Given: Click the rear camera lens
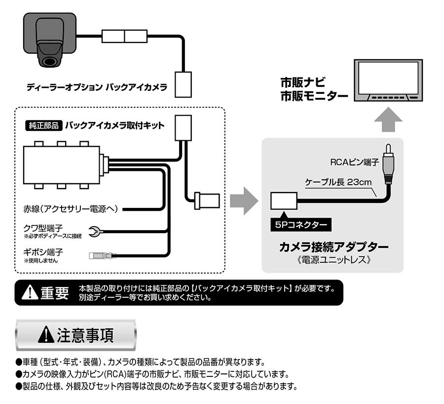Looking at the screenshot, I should pyautogui.click(x=49, y=62).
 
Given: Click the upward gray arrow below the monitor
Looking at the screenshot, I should pyautogui.click(x=388, y=120).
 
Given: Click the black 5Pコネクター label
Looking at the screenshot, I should pyautogui.click(x=301, y=225).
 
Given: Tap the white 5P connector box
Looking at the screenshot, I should pyautogui.click(x=283, y=201).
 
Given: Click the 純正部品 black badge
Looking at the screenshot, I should pyautogui.click(x=42, y=125).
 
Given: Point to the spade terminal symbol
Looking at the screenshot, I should pyautogui.click(x=93, y=230).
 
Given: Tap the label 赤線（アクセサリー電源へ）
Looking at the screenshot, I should pyautogui.click(x=71, y=208).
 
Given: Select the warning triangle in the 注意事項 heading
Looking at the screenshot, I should pyautogui.click(x=46, y=335).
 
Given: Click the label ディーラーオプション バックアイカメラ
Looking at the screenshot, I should pyautogui.click(x=97, y=89).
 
